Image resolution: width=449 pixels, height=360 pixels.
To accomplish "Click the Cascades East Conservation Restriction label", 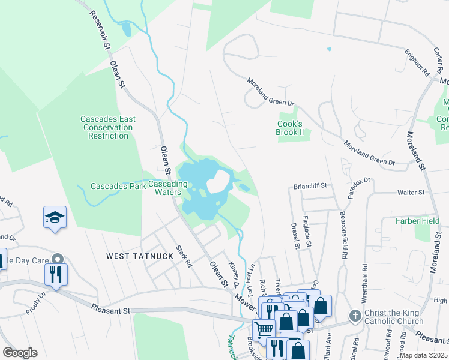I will point(108,127).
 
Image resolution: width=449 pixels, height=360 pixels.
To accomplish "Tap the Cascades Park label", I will point(114,186).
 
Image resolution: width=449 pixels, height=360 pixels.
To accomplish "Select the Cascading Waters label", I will point(164,188).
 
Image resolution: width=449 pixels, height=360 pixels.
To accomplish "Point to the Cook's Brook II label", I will point(291,128).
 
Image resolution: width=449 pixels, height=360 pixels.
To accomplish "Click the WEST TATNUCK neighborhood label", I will point(139,256).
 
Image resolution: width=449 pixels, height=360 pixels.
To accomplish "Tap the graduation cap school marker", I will point(55,217).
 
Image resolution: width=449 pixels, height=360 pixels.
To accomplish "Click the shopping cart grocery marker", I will point(263,329).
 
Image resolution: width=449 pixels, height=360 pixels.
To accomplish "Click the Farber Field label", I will point(418,221).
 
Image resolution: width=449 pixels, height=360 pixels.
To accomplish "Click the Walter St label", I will point(411,193).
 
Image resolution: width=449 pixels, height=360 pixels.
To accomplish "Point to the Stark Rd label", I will point(184,256).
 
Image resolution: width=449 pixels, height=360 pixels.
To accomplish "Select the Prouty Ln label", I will point(36,311).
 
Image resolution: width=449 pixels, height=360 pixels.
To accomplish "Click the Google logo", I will point(20,353).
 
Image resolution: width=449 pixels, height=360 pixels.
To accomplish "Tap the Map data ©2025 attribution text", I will point(424,355).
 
